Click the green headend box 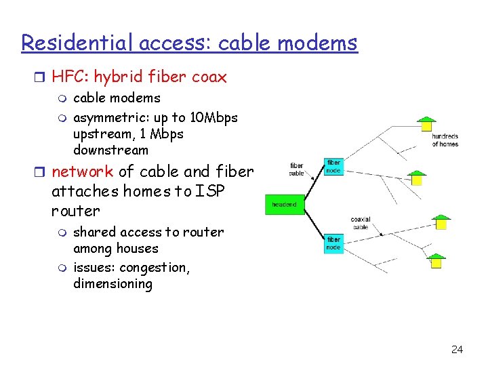(284, 204)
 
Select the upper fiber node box (333, 167)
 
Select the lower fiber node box (333, 243)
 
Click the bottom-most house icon (436, 260)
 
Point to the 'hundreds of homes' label (445, 140)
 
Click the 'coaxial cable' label (360, 223)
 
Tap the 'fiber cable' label (297, 169)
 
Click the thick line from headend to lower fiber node (314, 222)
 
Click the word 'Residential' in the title (77, 43)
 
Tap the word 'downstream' (110, 150)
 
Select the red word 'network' (82, 171)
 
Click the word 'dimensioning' (113, 283)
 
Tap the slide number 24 (457, 350)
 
